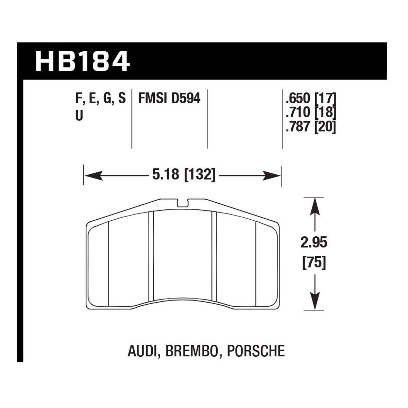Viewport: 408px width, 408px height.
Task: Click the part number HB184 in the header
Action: (83, 61)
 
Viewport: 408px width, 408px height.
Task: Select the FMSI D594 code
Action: (169, 99)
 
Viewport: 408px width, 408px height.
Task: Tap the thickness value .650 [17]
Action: (311, 99)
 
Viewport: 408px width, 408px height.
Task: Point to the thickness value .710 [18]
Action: (311, 113)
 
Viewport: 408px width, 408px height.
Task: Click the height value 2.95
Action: (314, 242)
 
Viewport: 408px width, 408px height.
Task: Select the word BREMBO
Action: (192, 351)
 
